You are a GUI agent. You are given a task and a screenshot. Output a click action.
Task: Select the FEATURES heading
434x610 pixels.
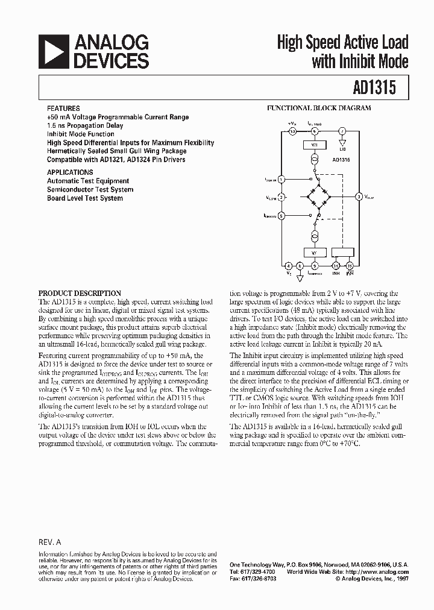[63, 108]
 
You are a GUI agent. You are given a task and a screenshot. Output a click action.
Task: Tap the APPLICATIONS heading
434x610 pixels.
[70, 172]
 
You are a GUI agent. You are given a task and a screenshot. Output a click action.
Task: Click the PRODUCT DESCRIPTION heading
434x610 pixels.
[80, 294]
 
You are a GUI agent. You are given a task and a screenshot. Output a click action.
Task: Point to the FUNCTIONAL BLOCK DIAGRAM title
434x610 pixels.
[319, 108]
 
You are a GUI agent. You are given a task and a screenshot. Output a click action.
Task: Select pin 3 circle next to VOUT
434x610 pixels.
[359, 196]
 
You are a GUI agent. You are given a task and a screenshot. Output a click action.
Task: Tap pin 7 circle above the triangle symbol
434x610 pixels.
[342, 131]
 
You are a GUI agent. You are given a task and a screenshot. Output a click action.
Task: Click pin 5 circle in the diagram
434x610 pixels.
[314, 265]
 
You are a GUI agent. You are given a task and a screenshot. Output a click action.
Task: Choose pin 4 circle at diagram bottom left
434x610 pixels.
[288, 265]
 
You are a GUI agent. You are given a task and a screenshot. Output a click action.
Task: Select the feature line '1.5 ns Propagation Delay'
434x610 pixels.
[85, 125]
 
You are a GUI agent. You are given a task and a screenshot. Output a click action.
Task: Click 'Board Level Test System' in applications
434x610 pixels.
[85, 198]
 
